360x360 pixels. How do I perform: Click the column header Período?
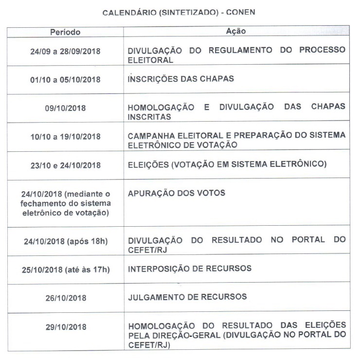tap(65, 32)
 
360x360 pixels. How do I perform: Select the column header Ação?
tap(236, 32)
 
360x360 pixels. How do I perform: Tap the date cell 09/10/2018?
tap(65, 108)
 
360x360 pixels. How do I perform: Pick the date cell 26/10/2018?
tap(65, 297)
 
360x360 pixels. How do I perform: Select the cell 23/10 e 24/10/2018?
tap(65, 165)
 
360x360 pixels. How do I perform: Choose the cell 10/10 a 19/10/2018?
tap(65, 137)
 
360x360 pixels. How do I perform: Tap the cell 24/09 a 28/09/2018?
tap(65, 51)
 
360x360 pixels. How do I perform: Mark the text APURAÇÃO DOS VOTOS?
tap(177, 193)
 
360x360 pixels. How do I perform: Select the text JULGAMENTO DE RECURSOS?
tap(187, 296)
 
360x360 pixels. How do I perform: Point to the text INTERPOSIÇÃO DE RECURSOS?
tap(190, 268)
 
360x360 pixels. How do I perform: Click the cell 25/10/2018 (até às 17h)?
tap(65, 269)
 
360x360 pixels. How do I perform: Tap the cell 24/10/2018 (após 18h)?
tap(65, 241)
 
